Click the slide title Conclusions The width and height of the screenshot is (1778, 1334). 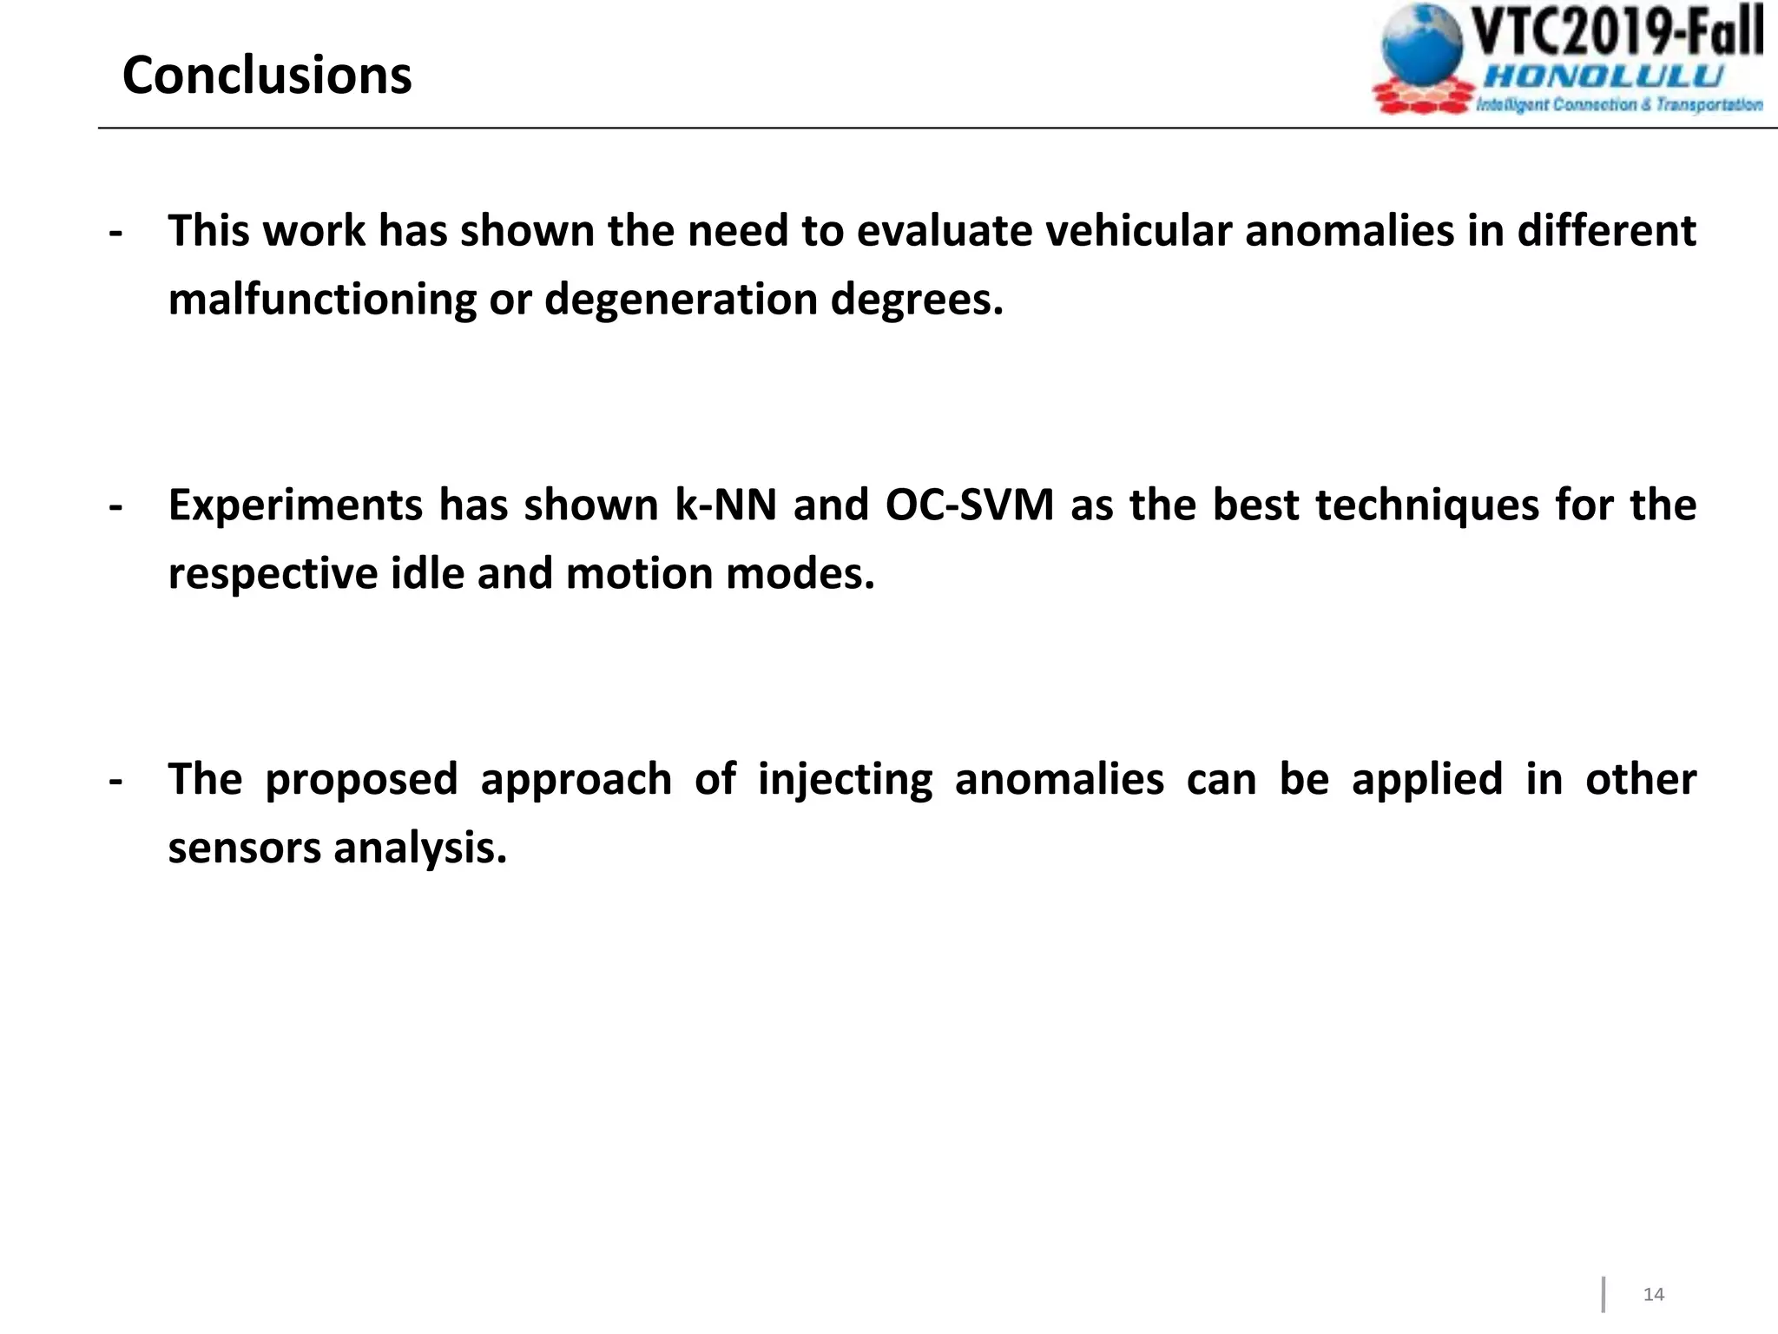pos(267,76)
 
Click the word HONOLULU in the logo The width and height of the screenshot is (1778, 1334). pos(1603,76)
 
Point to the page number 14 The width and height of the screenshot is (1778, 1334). pos(1654,1294)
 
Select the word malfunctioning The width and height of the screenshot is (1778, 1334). pos(322,300)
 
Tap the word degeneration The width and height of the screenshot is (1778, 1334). pos(681,300)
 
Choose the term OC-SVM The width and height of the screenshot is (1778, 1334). pos(970,505)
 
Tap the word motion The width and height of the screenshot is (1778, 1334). pos(639,574)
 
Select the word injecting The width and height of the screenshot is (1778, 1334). pos(845,779)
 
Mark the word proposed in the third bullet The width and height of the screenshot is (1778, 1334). pos(361,779)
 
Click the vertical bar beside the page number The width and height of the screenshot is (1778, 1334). pos(1603,1294)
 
